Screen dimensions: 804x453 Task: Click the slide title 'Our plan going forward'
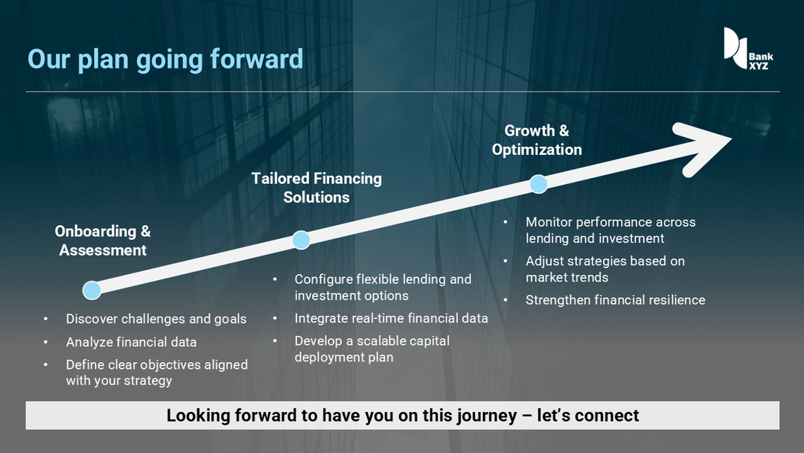(x=165, y=60)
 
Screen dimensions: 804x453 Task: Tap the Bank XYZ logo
(x=748, y=48)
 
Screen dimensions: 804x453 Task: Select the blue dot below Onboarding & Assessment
(x=92, y=290)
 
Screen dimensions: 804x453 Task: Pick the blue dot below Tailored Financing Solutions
(x=301, y=240)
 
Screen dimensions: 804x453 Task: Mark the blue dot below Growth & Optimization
(x=538, y=184)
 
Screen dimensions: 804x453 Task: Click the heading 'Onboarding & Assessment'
(x=103, y=241)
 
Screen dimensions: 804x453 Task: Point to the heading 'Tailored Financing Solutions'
(x=316, y=188)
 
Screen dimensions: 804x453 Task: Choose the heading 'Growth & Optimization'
(x=537, y=140)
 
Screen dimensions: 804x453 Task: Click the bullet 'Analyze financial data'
(x=131, y=342)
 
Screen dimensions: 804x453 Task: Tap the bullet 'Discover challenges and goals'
(x=156, y=319)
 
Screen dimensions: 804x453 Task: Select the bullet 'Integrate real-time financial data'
(x=392, y=318)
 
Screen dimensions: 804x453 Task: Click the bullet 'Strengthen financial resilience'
(x=616, y=300)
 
